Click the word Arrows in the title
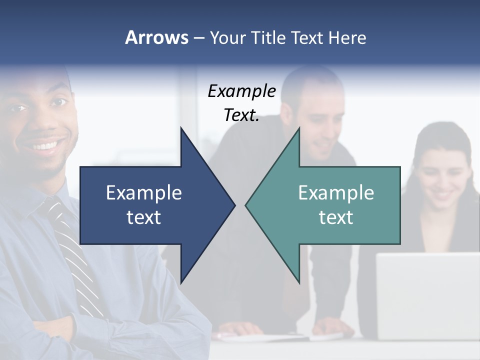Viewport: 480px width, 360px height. [156, 37]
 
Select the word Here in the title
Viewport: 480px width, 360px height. [347, 37]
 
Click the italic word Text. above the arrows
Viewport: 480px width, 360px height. [241, 115]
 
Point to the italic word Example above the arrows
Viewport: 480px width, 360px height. [241, 91]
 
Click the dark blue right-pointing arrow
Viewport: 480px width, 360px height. [150, 205]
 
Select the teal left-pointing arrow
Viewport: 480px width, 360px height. [330, 205]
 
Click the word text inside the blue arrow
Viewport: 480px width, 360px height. [143, 217]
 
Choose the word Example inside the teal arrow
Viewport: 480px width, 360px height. [336, 193]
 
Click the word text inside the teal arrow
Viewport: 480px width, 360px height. [336, 217]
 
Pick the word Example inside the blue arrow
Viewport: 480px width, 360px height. [143, 193]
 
